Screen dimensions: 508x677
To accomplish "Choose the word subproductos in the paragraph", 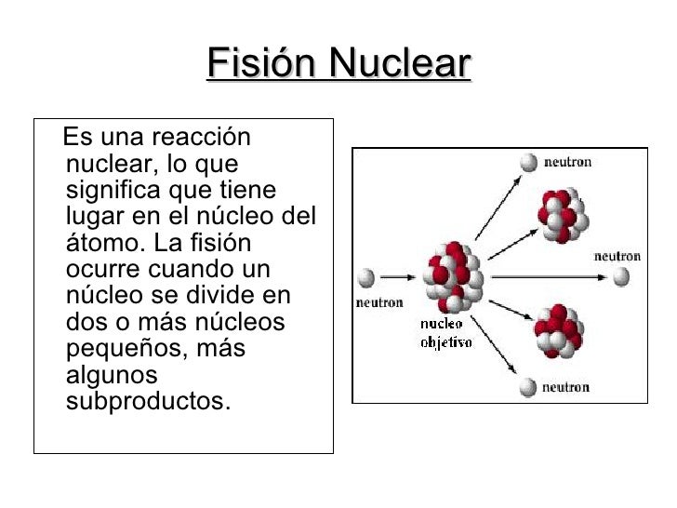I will (x=147, y=402).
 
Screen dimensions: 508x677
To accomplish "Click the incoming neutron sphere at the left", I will (x=366, y=277).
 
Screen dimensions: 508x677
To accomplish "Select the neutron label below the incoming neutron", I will (x=379, y=301).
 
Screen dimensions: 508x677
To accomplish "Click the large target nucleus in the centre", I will (x=453, y=275).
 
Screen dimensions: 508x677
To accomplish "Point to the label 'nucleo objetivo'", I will (x=445, y=333).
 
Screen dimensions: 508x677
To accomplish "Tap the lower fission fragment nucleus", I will (x=558, y=330).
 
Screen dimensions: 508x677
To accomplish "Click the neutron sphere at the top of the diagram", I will (x=529, y=163).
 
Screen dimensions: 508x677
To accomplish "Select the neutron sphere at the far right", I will (x=619, y=277).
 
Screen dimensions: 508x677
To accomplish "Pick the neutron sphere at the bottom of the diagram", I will (x=529, y=387).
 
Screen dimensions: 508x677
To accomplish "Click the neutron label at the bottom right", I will (x=565, y=387).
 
